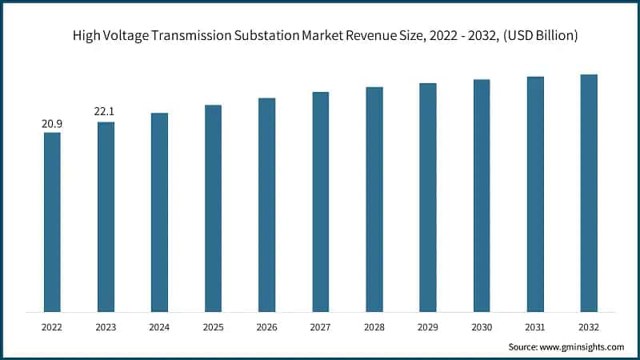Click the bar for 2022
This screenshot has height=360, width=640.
(x=52, y=222)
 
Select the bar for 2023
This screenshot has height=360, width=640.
(x=106, y=217)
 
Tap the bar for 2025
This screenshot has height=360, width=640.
(x=213, y=208)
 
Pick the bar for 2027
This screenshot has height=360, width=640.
(x=320, y=202)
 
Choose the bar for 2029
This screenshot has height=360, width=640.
(x=428, y=197)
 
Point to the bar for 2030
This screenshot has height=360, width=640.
(x=482, y=195)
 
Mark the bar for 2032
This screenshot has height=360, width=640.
(x=589, y=193)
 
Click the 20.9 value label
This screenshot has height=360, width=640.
(x=52, y=124)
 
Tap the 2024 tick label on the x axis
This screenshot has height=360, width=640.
(x=159, y=327)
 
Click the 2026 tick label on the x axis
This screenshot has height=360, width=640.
(x=266, y=327)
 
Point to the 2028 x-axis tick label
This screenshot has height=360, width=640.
(x=374, y=327)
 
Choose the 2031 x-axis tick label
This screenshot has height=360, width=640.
(x=535, y=327)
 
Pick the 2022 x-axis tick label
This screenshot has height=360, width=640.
(x=52, y=327)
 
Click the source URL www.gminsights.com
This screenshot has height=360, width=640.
(x=583, y=346)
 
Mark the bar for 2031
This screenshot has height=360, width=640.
(x=535, y=194)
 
